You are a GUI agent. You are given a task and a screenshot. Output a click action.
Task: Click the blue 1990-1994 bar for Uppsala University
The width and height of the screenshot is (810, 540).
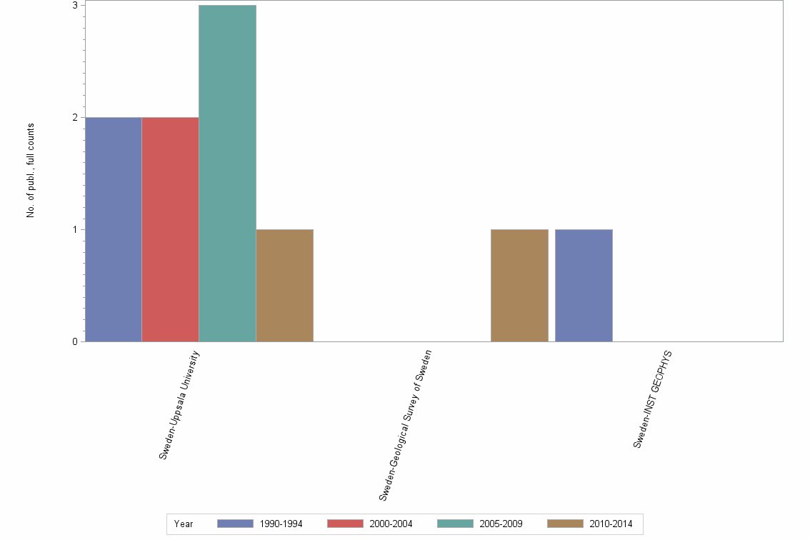pyautogui.click(x=113, y=229)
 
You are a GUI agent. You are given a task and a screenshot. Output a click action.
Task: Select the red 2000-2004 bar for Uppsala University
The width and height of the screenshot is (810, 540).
pyautogui.click(x=170, y=229)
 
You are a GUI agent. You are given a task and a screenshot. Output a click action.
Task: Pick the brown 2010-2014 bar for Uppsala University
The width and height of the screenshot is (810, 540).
pyautogui.click(x=284, y=285)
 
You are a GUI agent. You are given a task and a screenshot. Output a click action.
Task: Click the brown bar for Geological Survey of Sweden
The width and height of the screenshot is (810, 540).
pyautogui.click(x=519, y=285)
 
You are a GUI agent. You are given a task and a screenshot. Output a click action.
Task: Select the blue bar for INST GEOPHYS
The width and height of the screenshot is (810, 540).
pyautogui.click(x=584, y=285)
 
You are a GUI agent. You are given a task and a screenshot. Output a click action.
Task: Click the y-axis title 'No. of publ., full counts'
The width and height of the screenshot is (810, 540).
pyautogui.click(x=31, y=171)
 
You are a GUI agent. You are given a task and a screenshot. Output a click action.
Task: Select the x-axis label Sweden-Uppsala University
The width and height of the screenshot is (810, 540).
pyautogui.click(x=179, y=415)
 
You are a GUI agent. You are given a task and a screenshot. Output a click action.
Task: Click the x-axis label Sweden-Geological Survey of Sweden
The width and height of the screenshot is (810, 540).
pyautogui.click(x=405, y=426)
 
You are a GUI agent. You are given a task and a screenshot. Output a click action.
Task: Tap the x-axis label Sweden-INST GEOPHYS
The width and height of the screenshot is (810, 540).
pyautogui.click(x=654, y=399)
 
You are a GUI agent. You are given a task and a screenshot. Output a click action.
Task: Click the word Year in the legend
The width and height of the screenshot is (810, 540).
pyautogui.click(x=184, y=524)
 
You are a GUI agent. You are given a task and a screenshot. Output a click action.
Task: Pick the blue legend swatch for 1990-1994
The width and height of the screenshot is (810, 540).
pyautogui.click(x=236, y=524)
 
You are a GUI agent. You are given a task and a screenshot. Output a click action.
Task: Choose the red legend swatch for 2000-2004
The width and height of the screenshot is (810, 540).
pyautogui.click(x=346, y=524)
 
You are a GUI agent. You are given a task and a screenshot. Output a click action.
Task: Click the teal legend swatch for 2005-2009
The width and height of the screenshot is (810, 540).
pyautogui.click(x=456, y=524)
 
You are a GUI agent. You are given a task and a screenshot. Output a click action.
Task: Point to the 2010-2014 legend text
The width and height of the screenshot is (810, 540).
pyautogui.click(x=611, y=524)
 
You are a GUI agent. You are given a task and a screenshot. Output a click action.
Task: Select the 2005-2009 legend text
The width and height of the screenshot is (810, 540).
pyautogui.click(x=501, y=524)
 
